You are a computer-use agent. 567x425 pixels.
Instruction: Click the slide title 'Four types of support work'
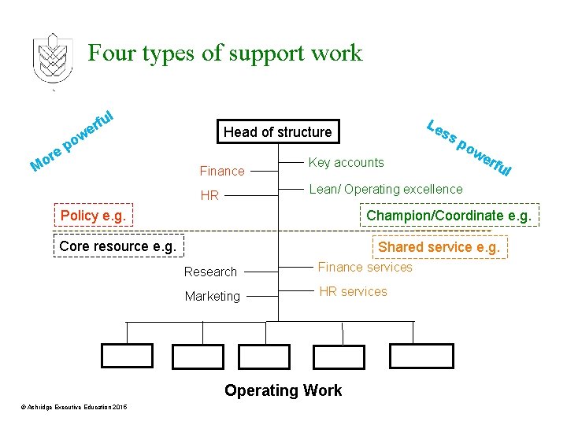tap(225, 54)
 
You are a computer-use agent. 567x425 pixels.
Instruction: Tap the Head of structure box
tap(278, 131)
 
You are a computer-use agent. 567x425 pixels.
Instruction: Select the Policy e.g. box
tap(93, 216)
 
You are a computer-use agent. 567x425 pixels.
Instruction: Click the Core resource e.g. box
tap(118, 246)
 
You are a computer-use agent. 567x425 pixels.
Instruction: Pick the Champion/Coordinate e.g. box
tap(449, 215)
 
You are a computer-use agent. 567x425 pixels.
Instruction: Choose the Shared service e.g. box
tap(439, 246)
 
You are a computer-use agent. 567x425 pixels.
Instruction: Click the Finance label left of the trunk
tap(222, 171)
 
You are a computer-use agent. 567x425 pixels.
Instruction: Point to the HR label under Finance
tap(209, 195)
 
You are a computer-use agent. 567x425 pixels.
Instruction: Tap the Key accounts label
tap(346, 163)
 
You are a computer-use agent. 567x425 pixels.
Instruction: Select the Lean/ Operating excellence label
tap(386, 189)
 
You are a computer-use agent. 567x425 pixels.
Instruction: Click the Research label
tap(210, 272)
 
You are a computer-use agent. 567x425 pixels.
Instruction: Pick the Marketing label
tap(212, 297)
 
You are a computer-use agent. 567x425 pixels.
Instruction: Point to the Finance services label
tap(365, 268)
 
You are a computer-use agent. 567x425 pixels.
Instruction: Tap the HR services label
tap(353, 292)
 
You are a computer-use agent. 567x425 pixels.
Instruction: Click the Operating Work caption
tap(283, 390)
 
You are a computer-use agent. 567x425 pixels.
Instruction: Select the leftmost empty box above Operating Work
tap(128, 356)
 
